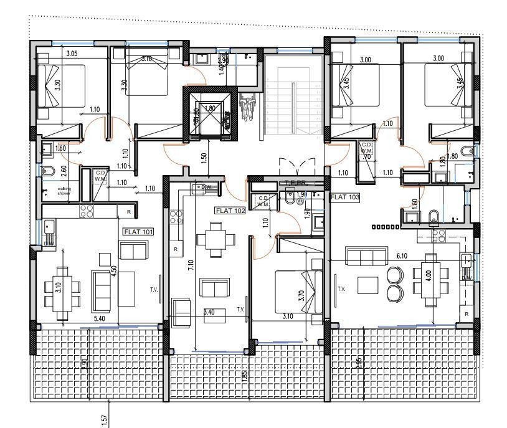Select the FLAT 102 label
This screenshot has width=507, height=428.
pyautogui.click(x=230, y=211)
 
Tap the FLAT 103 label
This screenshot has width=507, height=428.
pyautogui.click(x=346, y=197)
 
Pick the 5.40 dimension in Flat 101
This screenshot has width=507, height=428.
pyautogui.click(x=98, y=318)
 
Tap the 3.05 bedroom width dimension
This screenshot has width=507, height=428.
pyautogui.click(x=72, y=54)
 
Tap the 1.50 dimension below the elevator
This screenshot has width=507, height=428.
pyautogui.click(x=204, y=158)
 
